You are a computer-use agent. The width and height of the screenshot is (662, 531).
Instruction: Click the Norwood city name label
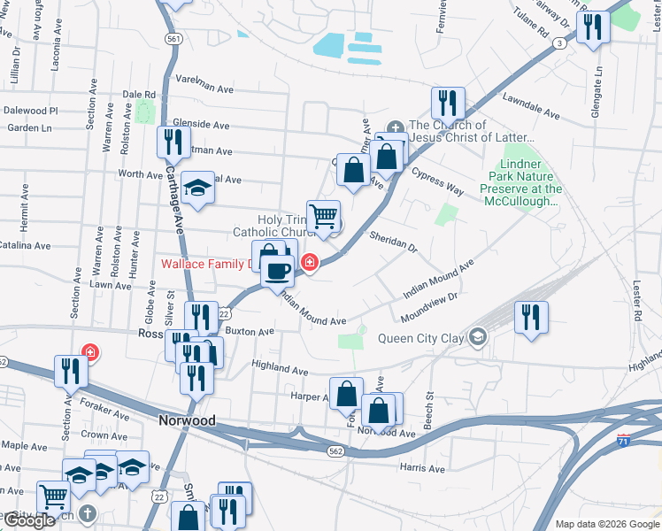pos(187,420)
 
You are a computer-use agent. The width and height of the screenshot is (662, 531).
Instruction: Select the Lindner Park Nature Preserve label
pos(520,182)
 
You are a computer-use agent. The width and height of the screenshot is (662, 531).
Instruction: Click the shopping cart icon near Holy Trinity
pos(324,215)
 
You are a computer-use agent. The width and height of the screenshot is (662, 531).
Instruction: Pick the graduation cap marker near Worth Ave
pos(198,187)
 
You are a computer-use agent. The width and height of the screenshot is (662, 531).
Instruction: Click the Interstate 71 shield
pos(625,440)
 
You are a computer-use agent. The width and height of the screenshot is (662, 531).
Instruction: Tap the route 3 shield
pos(559,42)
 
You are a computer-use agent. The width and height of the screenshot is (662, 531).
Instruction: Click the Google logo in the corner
pos(30,520)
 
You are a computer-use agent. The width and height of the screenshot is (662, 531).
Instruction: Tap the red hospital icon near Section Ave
pos(89,352)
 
